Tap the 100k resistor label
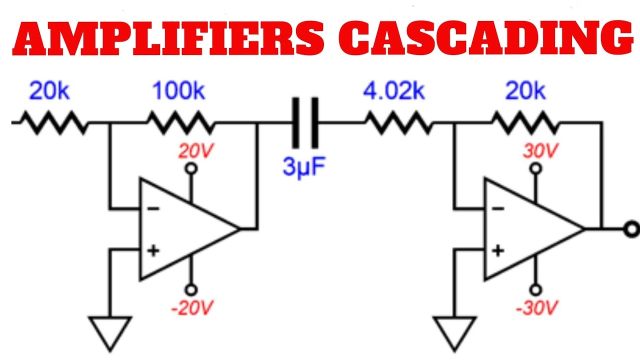pyautogui.click(x=178, y=91)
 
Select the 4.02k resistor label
pyautogui.click(x=394, y=91)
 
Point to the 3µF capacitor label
pyautogui.click(x=304, y=167)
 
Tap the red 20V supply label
pyautogui.click(x=190, y=150)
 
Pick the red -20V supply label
pyautogui.click(x=190, y=308)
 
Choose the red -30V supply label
pyautogui.click(x=535, y=308)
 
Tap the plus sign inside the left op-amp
pyautogui.click(x=153, y=250)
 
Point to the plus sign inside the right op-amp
pyautogui.click(x=498, y=250)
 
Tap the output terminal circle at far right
pyautogui.click(x=632, y=229)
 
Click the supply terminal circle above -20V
pyautogui.click(x=190, y=289)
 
